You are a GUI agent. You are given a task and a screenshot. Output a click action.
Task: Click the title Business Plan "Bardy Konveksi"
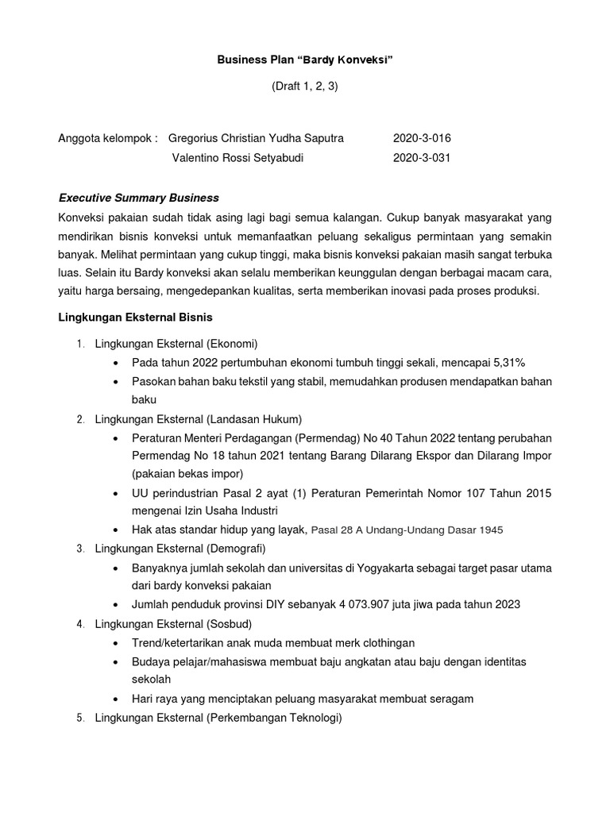(306, 61)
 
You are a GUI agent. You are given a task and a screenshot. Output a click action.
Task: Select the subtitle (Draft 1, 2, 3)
(306, 88)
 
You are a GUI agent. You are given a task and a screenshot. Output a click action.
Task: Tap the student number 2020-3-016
(421, 138)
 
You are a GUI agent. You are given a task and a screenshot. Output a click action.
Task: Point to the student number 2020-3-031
(421, 158)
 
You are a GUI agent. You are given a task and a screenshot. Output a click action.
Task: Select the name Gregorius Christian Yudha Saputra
(256, 138)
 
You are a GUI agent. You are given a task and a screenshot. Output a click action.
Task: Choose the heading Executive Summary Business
(139, 198)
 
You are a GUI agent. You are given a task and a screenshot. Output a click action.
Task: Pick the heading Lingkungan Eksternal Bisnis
(136, 318)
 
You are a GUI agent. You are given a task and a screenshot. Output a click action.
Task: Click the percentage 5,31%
(504, 362)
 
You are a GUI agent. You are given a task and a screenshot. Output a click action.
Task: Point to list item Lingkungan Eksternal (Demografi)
(180, 549)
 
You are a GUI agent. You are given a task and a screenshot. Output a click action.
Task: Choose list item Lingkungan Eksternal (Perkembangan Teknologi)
(218, 718)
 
